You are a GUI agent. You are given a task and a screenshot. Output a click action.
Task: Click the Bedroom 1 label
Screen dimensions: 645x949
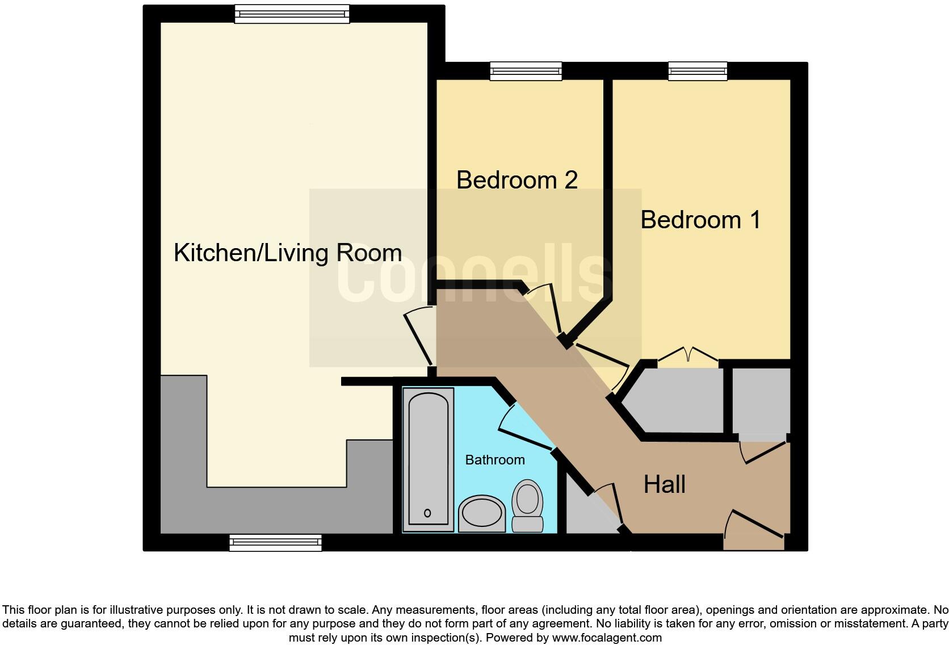pyautogui.click(x=700, y=220)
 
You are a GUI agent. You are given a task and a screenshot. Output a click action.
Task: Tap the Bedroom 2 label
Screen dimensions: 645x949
pyautogui.click(x=517, y=180)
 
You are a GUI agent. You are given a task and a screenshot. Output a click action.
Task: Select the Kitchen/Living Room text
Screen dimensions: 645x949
pyautogui.click(x=288, y=253)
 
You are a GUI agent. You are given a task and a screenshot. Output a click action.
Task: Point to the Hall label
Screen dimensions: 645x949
pyautogui.click(x=664, y=484)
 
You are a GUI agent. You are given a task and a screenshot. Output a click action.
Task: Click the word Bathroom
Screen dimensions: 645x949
pyautogui.click(x=494, y=460)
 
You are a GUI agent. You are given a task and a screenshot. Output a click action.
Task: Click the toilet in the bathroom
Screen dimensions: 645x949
pyautogui.click(x=528, y=505)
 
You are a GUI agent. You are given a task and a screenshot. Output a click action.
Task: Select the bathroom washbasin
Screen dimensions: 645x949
pyautogui.click(x=481, y=513)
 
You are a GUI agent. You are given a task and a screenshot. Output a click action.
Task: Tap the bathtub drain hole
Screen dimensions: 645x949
pyautogui.click(x=427, y=513)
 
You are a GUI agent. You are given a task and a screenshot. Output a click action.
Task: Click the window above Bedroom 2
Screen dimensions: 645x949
pyautogui.click(x=526, y=71)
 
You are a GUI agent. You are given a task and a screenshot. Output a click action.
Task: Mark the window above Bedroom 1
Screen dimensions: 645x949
pyautogui.click(x=698, y=71)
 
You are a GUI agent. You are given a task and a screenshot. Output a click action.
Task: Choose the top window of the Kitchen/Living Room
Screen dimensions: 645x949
pyautogui.click(x=292, y=14)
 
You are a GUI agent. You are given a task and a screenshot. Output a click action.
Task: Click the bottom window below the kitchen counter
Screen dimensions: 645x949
pyautogui.click(x=275, y=543)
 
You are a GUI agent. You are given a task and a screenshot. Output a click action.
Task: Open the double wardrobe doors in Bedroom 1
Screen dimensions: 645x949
pyautogui.click(x=688, y=354)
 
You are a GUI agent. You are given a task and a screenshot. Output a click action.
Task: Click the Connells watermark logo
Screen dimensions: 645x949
pyautogui.click(x=474, y=277)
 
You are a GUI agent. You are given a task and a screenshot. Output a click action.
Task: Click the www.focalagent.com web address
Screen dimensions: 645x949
pyautogui.click(x=606, y=638)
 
